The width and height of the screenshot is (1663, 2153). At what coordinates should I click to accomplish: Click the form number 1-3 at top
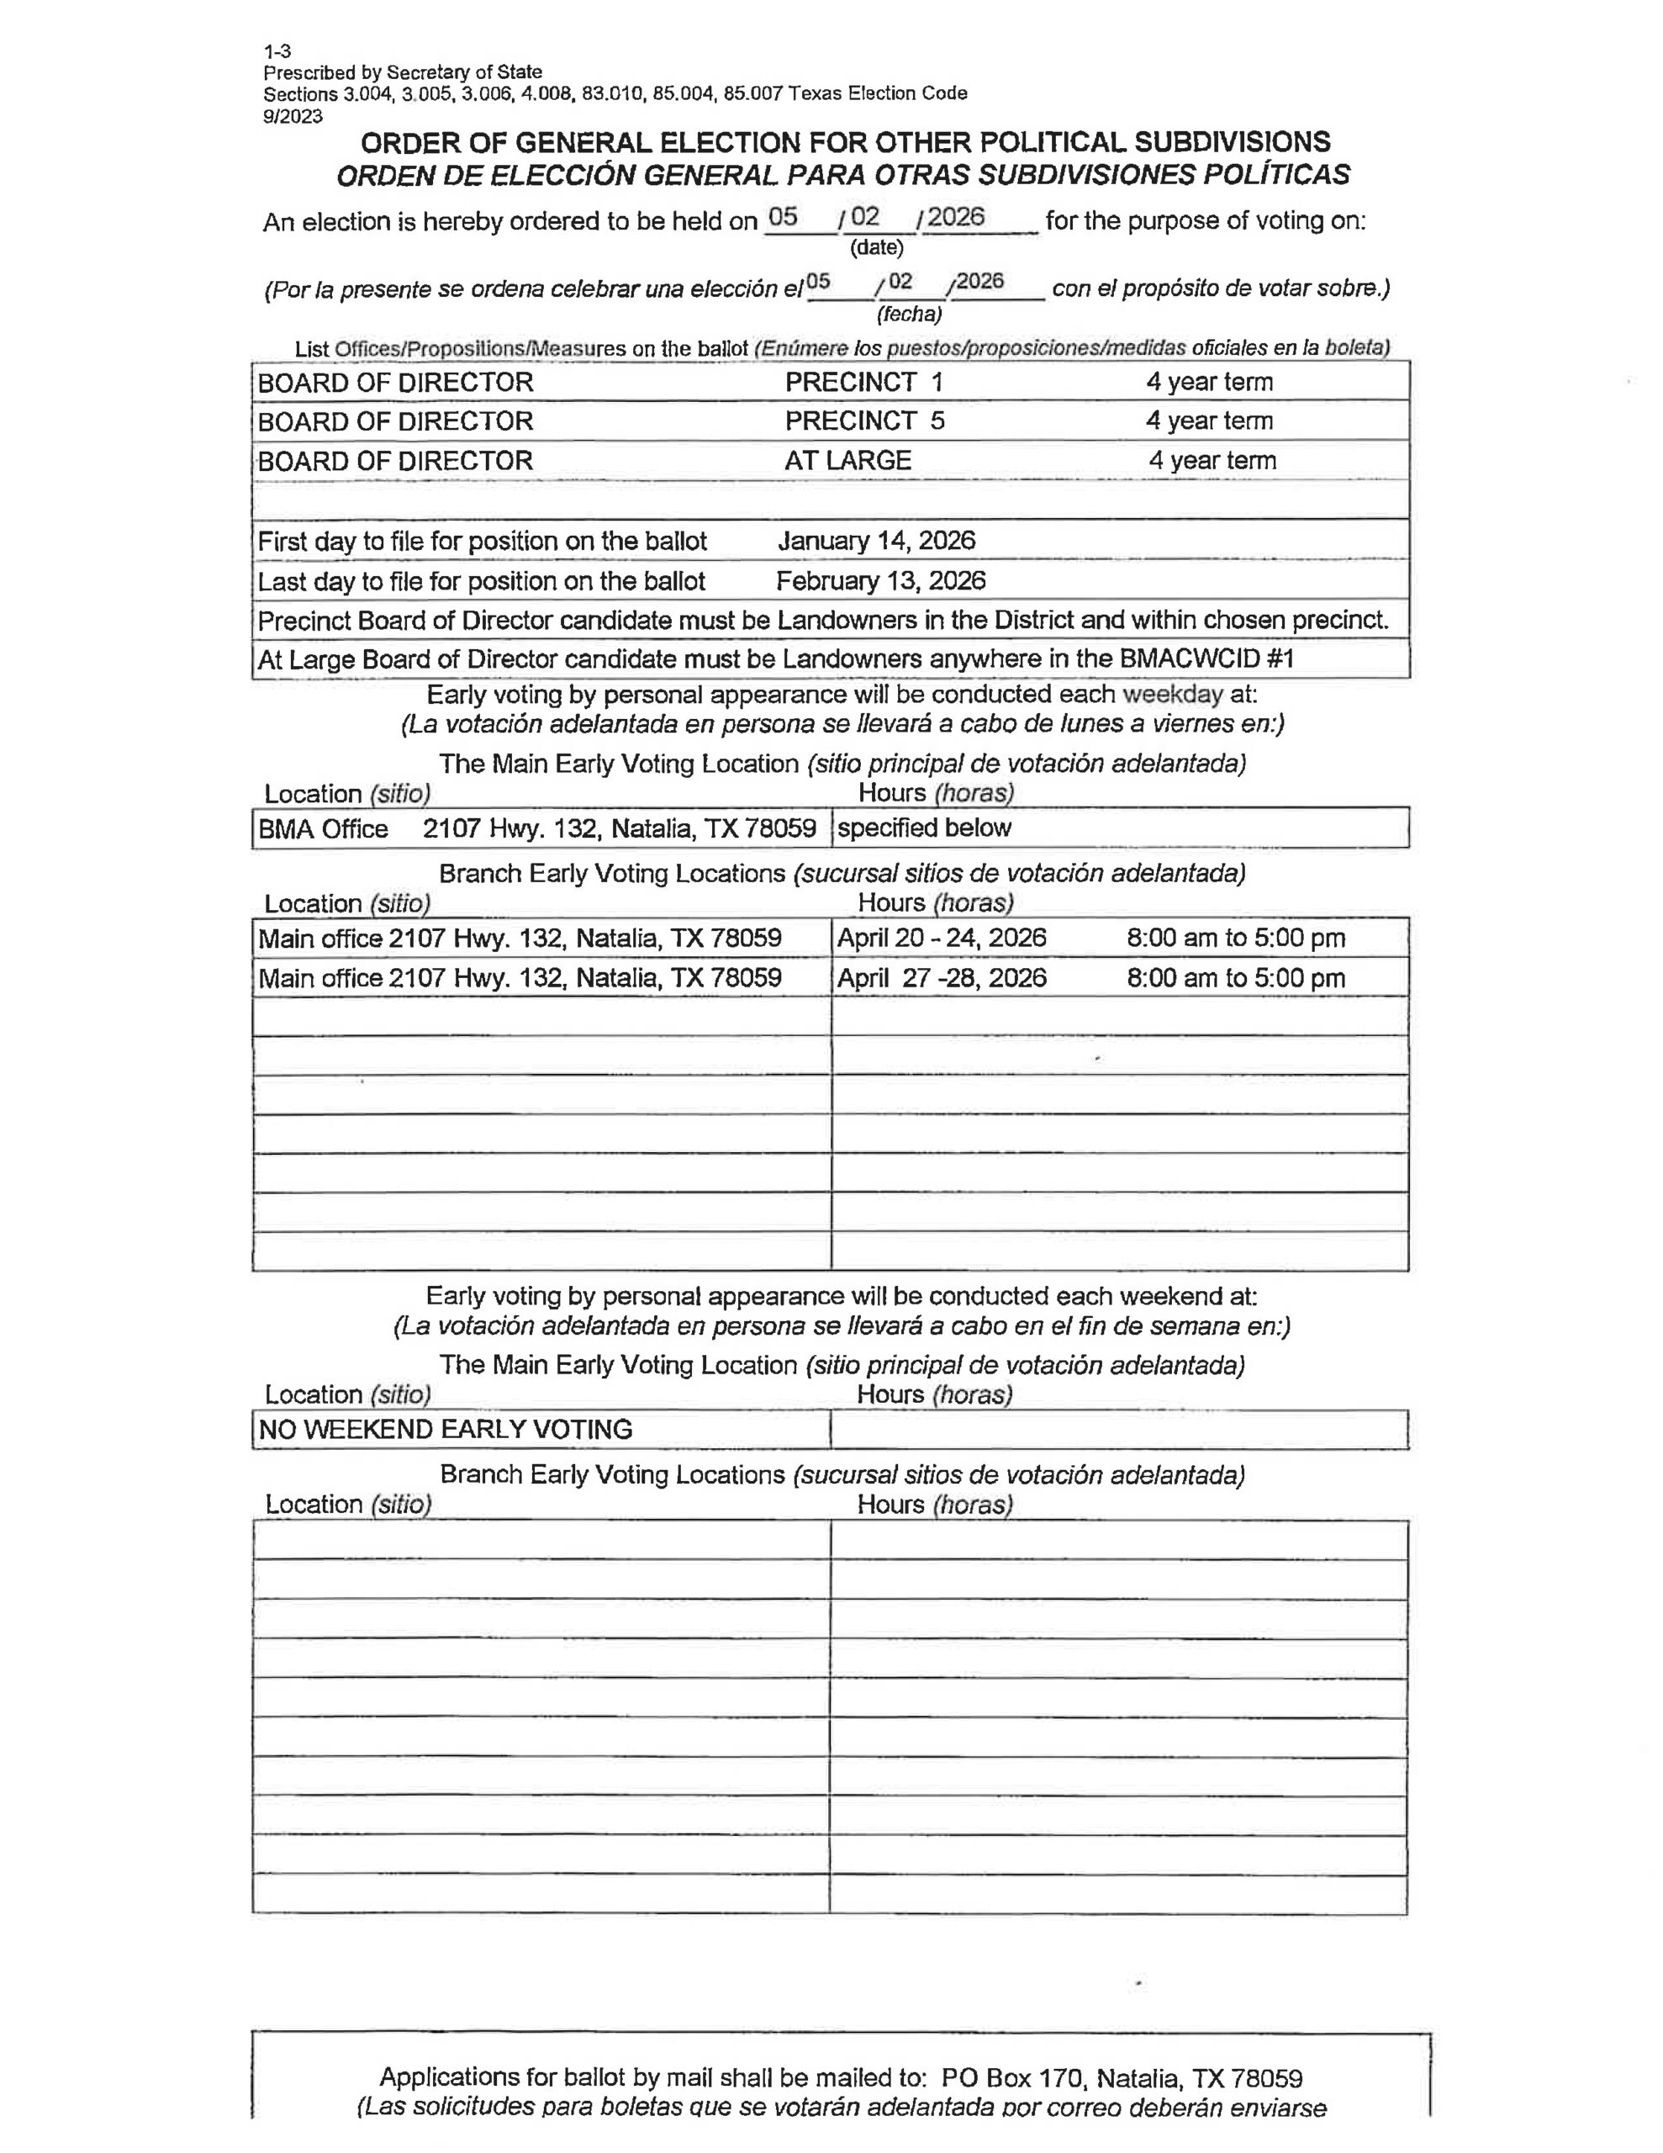click(x=277, y=51)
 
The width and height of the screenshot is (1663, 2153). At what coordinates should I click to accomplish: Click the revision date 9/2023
click(x=292, y=116)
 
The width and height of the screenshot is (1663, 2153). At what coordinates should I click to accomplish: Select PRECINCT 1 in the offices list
click(x=863, y=383)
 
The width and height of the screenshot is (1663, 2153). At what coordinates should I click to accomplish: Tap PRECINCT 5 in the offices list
click(x=864, y=421)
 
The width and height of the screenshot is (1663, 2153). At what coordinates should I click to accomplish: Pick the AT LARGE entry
click(x=847, y=460)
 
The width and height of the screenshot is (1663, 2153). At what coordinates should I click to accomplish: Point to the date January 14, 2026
click(x=876, y=540)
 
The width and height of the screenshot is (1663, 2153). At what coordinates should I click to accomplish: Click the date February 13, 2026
click(x=880, y=580)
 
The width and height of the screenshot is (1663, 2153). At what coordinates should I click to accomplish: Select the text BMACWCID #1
click(x=1206, y=659)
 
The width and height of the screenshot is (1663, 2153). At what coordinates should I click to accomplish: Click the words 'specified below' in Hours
click(x=924, y=828)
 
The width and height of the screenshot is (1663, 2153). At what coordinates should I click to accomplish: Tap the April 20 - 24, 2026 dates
click(x=942, y=938)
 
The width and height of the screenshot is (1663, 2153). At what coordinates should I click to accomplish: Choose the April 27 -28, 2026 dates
click(x=942, y=978)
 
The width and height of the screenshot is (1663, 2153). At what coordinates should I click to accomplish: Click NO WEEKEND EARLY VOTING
click(x=446, y=1430)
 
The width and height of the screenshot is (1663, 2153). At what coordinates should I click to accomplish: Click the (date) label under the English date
click(x=876, y=247)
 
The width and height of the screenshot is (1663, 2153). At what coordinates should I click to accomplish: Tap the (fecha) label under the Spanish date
click(x=909, y=315)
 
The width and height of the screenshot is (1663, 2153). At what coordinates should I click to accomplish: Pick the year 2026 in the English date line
click(x=955, y=217)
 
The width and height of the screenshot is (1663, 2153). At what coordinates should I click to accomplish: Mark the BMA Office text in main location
click(x=324, y=829)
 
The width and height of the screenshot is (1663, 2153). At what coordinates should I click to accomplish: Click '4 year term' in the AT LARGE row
click(x=1212, y=460)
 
